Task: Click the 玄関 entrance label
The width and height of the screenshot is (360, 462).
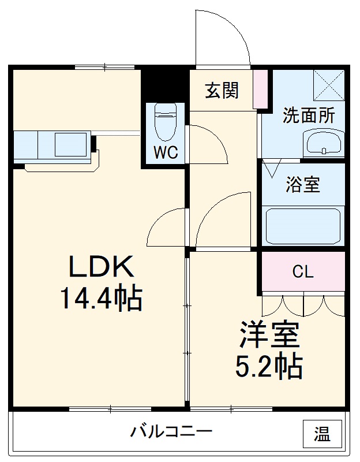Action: pyautogui.click(x=222, y=91)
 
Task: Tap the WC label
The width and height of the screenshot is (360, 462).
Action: pyautogui.click(x=165, y=152)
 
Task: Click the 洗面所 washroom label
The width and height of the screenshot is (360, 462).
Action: pyautogui.click(x=308, y=115)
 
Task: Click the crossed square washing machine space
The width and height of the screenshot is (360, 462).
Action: pyautogui.click(x=328, y=85)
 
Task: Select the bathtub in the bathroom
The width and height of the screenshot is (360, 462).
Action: pyautogui.click(x=302, y=225)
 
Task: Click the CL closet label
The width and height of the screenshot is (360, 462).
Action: pyautogui.click(x=302, y=272)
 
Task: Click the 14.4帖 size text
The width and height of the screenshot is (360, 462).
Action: pyautogui.click(x=102, y=299)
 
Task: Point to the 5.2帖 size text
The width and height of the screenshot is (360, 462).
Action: pyautogui.click(x=269, y=365)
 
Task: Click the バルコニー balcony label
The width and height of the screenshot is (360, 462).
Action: pyautogui.click(x=171, y=431)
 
